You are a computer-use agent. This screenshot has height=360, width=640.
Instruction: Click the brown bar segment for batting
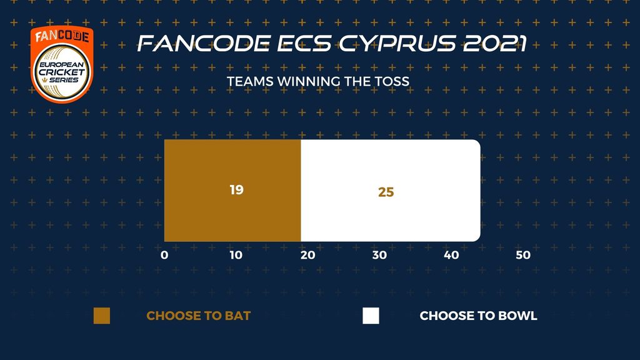(x=232, y=190)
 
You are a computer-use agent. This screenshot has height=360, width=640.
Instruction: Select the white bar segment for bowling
(x=391, y=190)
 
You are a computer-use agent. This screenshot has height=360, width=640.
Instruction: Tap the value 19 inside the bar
(x=237, y=190)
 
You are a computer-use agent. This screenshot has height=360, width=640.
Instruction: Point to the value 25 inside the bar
(x=386, y=192)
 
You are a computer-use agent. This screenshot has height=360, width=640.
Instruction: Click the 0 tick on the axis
(x=164, y=255)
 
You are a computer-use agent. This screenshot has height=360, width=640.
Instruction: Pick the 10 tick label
(x=236, y=255)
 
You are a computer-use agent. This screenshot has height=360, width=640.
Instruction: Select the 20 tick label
(x=307, y=255)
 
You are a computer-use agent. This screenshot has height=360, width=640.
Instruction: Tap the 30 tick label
(x=379, y=255)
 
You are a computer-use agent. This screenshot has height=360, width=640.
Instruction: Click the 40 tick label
(x=451, y=255)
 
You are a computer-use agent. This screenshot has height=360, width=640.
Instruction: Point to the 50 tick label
(x=523, y=255)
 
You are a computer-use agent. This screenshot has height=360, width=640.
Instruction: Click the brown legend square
(x=102, y=316)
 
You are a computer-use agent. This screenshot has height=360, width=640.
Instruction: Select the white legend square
(x=371, y=316)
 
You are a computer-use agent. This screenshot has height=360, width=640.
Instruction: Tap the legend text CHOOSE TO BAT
(x=198, y=316)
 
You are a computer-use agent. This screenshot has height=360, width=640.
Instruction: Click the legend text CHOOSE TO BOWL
(x=478, y=316)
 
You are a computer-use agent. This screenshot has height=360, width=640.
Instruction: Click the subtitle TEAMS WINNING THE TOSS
(x=318, y=82)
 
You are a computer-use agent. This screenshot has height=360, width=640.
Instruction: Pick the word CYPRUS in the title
(x=397, y=43)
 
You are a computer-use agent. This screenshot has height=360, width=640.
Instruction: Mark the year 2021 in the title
(x=495, y=43)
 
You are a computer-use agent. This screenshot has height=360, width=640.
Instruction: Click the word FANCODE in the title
(x=204, y=43)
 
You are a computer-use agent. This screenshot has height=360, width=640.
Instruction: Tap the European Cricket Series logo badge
(x=62, y=64)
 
